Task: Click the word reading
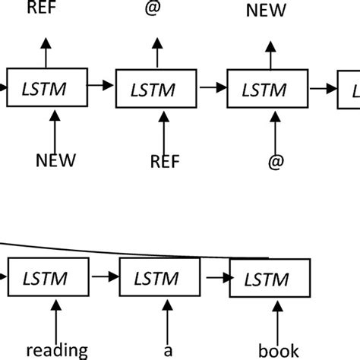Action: (x=58, y=350)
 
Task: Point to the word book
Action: (x=279, y=351)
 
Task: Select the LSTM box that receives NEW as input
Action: (x=46, y=90)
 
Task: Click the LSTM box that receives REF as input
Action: (x=156, y=90)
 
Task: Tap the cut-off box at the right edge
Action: (x=349, y=90)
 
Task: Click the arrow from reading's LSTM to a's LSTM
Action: (x=104, y=279)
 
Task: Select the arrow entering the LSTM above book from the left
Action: (x=215, y=279)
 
